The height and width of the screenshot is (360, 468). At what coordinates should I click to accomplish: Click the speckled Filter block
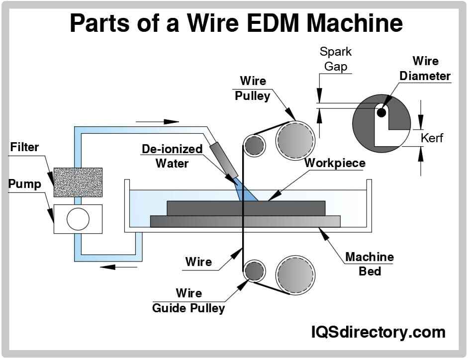78,182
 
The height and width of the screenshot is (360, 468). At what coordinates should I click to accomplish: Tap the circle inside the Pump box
78,219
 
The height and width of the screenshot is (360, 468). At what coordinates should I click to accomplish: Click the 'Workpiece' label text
335,163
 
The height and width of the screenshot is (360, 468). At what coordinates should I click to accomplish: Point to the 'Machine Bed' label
370,264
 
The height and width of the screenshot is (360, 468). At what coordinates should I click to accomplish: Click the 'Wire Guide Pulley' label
188,300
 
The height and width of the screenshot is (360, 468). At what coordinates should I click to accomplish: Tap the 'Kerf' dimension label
432,138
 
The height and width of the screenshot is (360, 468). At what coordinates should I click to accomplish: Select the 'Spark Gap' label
336,59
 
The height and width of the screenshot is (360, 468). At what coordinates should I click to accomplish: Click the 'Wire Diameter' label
425,69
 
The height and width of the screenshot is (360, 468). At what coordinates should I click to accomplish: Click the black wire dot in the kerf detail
381,112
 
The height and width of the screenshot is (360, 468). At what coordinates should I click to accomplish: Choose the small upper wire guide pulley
254,145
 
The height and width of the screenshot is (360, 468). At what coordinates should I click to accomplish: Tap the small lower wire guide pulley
254,270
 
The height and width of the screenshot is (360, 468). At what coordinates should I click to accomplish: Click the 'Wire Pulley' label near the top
253,88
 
